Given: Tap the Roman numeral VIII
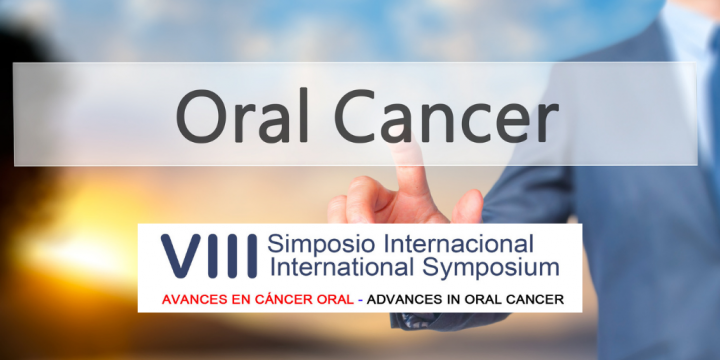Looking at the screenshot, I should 207,256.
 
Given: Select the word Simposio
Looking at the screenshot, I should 317,244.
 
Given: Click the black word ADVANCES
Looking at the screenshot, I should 409,300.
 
